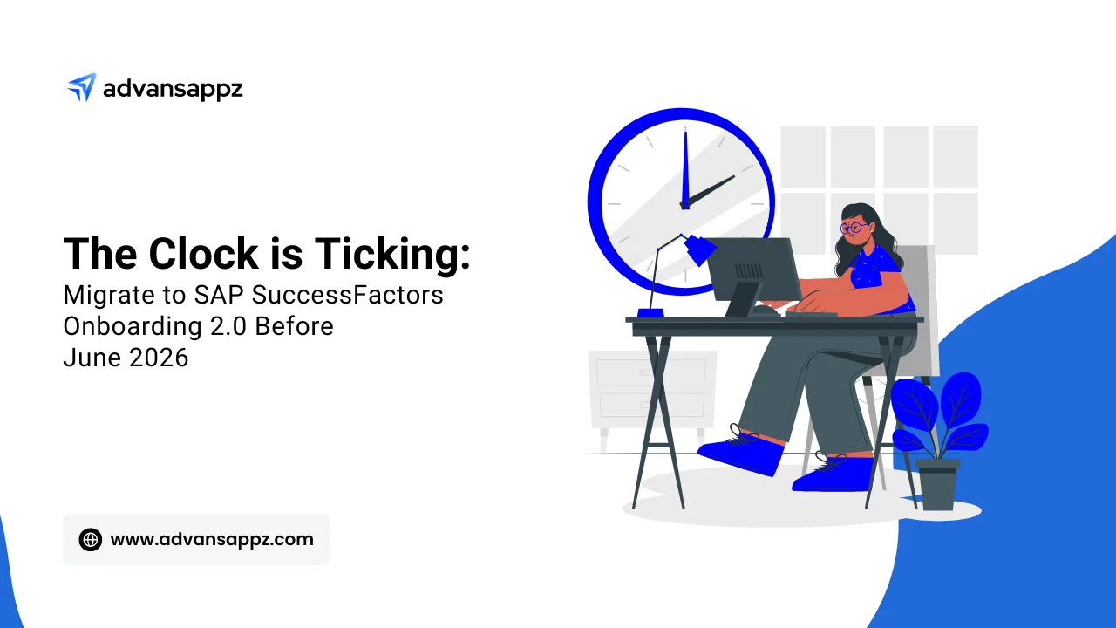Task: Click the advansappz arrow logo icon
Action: coord(81,87)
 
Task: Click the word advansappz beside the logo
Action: coord(173,88)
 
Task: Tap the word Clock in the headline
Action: coord(203,254)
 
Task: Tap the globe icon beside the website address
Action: coord(91,539)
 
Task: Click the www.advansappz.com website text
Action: coord(212,539)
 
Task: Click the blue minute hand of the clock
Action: coord(684,166)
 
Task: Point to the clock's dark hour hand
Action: coord(710,190)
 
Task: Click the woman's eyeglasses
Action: coord(851,228)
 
